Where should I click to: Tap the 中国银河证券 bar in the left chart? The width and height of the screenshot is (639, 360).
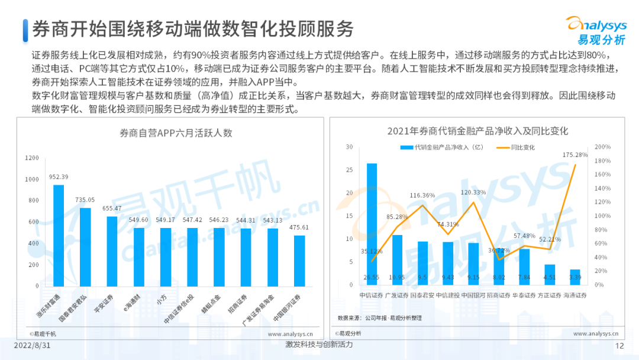(299, 260)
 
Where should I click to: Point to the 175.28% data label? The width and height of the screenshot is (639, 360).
(575, 155)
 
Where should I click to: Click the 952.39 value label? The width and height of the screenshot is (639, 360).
(59, 177)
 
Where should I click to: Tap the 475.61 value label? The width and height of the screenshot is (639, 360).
(299, 227)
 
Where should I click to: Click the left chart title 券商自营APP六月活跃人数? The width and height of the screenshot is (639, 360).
(169, 133)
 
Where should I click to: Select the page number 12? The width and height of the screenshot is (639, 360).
(620, 346)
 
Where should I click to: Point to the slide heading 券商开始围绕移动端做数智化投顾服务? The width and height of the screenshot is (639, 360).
(193, 29)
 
